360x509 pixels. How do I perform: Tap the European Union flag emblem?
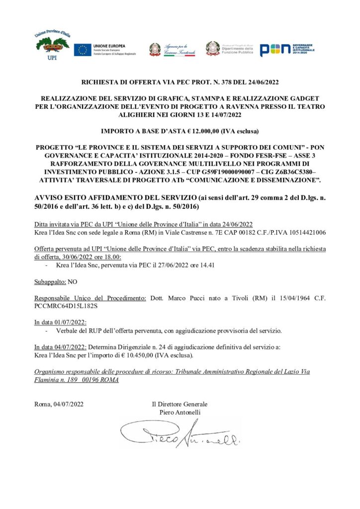click(x=83, y=49)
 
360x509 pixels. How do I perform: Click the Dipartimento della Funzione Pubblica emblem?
click(x=213, y=48)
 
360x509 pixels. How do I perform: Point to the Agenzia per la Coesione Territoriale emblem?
click(x=155, y=49)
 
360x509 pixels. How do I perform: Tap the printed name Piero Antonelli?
click(x=180, y=412)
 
